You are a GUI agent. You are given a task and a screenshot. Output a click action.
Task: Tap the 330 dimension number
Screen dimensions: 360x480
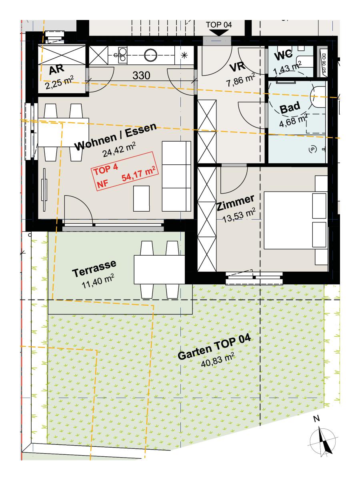point(142,76)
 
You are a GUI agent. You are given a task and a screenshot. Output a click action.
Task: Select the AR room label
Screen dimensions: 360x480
point(57,70)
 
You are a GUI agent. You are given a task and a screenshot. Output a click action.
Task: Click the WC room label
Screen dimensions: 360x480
point(284,55)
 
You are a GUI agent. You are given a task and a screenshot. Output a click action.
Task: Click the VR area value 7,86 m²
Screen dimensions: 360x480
point(240,80)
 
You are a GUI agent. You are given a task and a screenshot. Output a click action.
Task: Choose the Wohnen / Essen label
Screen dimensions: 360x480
point(116,137)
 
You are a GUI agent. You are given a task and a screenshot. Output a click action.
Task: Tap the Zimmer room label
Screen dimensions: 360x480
point(235,203)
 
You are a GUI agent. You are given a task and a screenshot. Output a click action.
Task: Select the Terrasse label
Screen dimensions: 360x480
point(94,268)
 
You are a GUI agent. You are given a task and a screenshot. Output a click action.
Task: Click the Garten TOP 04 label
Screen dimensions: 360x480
point(214,348)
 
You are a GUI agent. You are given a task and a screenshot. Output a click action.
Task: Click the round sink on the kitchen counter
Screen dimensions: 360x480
point(151,55)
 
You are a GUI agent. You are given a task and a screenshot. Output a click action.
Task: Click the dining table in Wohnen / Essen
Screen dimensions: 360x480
point(63,132)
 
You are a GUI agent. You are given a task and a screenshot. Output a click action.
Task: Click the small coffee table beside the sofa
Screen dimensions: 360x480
point(142,198)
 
